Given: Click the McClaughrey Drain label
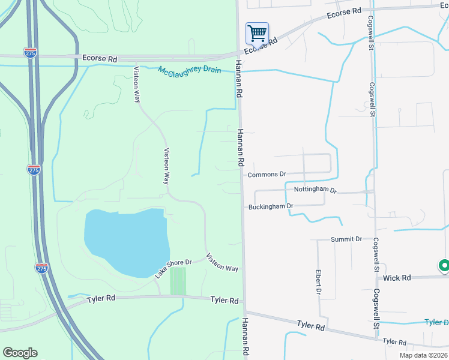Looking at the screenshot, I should (190, 70).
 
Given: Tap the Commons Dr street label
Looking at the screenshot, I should (267, 174).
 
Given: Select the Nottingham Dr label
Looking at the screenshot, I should (316, 190).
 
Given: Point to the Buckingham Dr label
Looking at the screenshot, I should (271, 206).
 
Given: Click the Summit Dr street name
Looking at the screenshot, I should (346, 239).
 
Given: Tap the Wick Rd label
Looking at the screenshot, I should (397, 278).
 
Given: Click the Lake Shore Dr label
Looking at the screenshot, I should (173, 268).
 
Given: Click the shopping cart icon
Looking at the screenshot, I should (257, 34).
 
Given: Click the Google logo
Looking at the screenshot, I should (20, 353).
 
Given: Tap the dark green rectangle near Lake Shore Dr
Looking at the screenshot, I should (178, 281).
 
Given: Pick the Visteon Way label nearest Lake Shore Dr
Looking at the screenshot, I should (222, 263).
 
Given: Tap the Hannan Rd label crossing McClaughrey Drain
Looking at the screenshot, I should (238, 79).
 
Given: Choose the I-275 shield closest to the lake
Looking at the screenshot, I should (41, 268).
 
